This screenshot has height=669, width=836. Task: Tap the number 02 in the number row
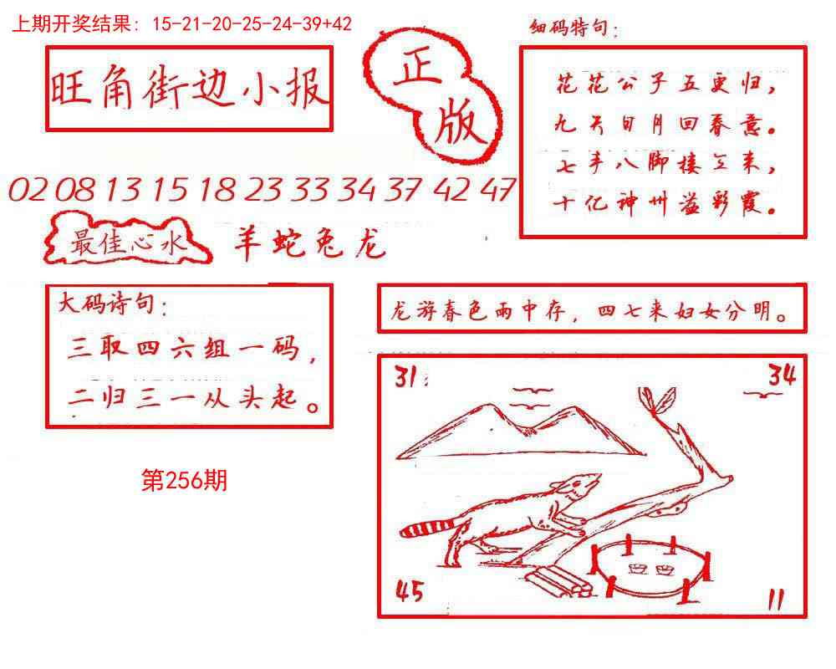pyautogui.click(x=29, y=191)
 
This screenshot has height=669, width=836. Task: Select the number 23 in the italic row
pyautogui.click(x=264, y=191)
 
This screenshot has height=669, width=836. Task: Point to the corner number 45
pyautogui.click(x=409, y=592)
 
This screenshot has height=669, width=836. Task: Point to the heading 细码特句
pyautogui.click(x=574, y=29)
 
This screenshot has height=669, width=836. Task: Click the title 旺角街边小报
pyautogui.click(x=189, y=89)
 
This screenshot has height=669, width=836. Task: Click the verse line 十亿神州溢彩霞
pyautogui.click(x=665, y=203)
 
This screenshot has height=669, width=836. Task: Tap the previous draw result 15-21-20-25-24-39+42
pyautogui.click(x=252, y=24)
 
